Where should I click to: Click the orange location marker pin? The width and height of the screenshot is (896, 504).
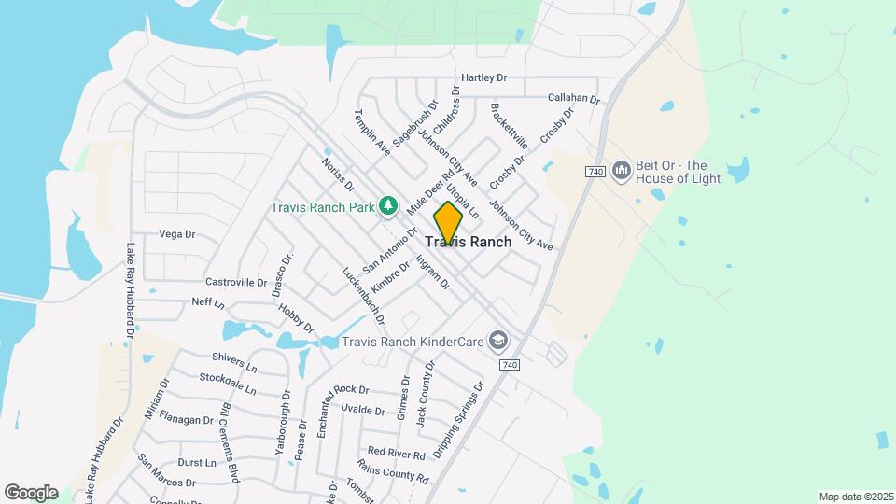448,222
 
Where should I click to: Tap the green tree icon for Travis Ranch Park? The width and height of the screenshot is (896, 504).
387,205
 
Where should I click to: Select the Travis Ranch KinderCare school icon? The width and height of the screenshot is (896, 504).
498,341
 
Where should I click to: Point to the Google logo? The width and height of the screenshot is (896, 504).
31,492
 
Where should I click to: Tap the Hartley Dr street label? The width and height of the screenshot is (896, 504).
483,77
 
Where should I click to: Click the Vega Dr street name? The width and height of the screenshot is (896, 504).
176,233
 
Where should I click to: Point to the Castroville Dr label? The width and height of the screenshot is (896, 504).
236,281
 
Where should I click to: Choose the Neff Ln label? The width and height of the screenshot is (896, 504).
207,303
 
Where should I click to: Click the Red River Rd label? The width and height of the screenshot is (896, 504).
396,453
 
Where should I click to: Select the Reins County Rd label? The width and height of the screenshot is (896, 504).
392,471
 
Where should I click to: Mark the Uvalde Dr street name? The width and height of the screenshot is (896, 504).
363,410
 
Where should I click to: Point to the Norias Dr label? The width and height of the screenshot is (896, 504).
338,173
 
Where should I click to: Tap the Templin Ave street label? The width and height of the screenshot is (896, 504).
371,131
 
